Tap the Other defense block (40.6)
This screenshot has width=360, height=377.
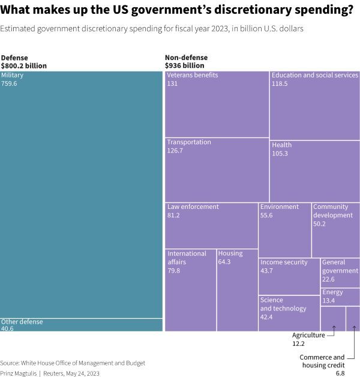coord(81,325)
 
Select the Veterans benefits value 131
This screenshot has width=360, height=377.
coord(173,84)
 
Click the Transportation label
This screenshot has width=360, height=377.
coord(189,142)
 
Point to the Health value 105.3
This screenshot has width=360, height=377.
coord(280,154)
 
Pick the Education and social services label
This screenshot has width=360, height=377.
coord(314,76)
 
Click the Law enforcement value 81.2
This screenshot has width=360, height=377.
coord(173,216)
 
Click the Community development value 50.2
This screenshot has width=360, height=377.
coord(319,224)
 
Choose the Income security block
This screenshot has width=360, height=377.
coord(289,276)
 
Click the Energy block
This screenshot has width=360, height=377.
coord(340,297)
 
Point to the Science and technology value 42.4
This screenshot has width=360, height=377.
coord(266,317)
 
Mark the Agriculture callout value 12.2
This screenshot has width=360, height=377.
coord(298,343)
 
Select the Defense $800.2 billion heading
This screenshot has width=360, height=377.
coord(24,62)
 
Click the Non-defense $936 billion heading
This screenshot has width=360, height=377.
coord(185,62)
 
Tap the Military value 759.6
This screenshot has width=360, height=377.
coord(9,84)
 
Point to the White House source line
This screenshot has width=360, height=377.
coord(73,363)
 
